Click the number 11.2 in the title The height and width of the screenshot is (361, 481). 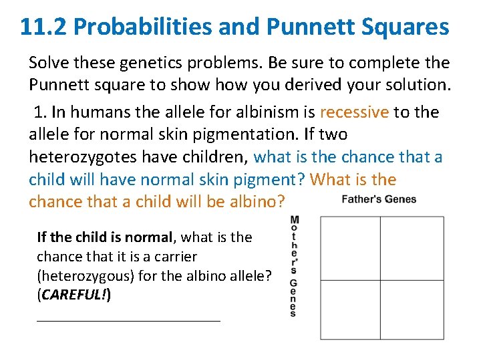pos(43,27)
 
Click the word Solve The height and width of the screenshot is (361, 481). pos(49,63)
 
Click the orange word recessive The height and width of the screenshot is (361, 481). pos(354,112)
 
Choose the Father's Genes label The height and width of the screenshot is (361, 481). pos(379,199)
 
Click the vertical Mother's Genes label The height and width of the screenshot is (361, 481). pos(294,266)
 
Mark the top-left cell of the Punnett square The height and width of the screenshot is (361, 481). pos(351,248)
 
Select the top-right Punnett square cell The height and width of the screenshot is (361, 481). pos(412,248)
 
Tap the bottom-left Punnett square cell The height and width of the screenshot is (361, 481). pos(351,310)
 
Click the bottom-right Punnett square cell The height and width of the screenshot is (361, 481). pos(412,310)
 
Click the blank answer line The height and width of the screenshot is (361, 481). pos(128,321)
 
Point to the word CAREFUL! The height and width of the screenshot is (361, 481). pos(74,295)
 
